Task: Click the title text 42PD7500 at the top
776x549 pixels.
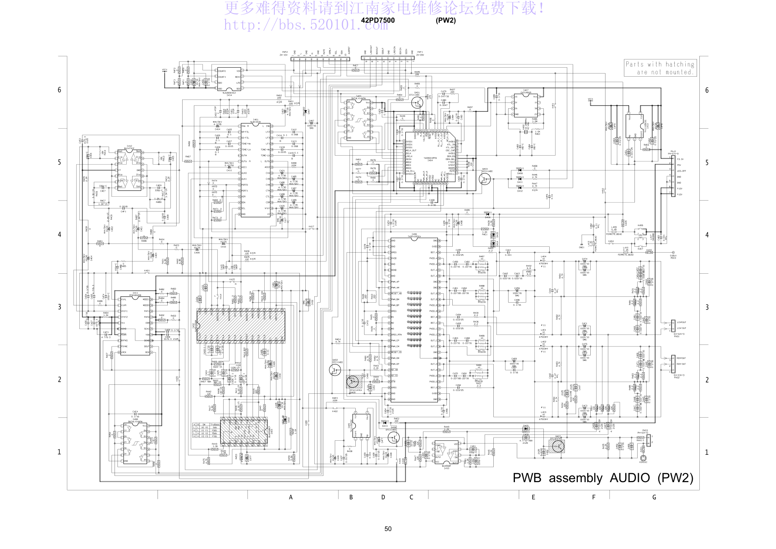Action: click(x=378, y=20)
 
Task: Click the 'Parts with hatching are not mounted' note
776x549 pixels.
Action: click(x=660, y=68)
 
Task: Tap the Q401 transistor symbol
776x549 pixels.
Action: click(x=417, y=103)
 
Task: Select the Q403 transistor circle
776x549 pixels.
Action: click(x=485, y=179)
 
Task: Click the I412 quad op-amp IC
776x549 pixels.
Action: click(x=129, y=169)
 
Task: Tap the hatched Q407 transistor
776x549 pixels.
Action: click(x=558, y=446)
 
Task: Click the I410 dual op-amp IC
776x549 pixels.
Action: click(x=446, y=452)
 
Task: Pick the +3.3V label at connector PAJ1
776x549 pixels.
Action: click(x=680, y=159)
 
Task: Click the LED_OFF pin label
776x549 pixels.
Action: click(x=681, y=171)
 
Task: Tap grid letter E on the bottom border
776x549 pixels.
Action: click(x=533, y=497)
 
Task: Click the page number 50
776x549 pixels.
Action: click(x=388, y=529)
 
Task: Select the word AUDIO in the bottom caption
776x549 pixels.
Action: click(x=629, y=478)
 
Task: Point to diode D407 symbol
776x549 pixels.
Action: click(x=305, y=112)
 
